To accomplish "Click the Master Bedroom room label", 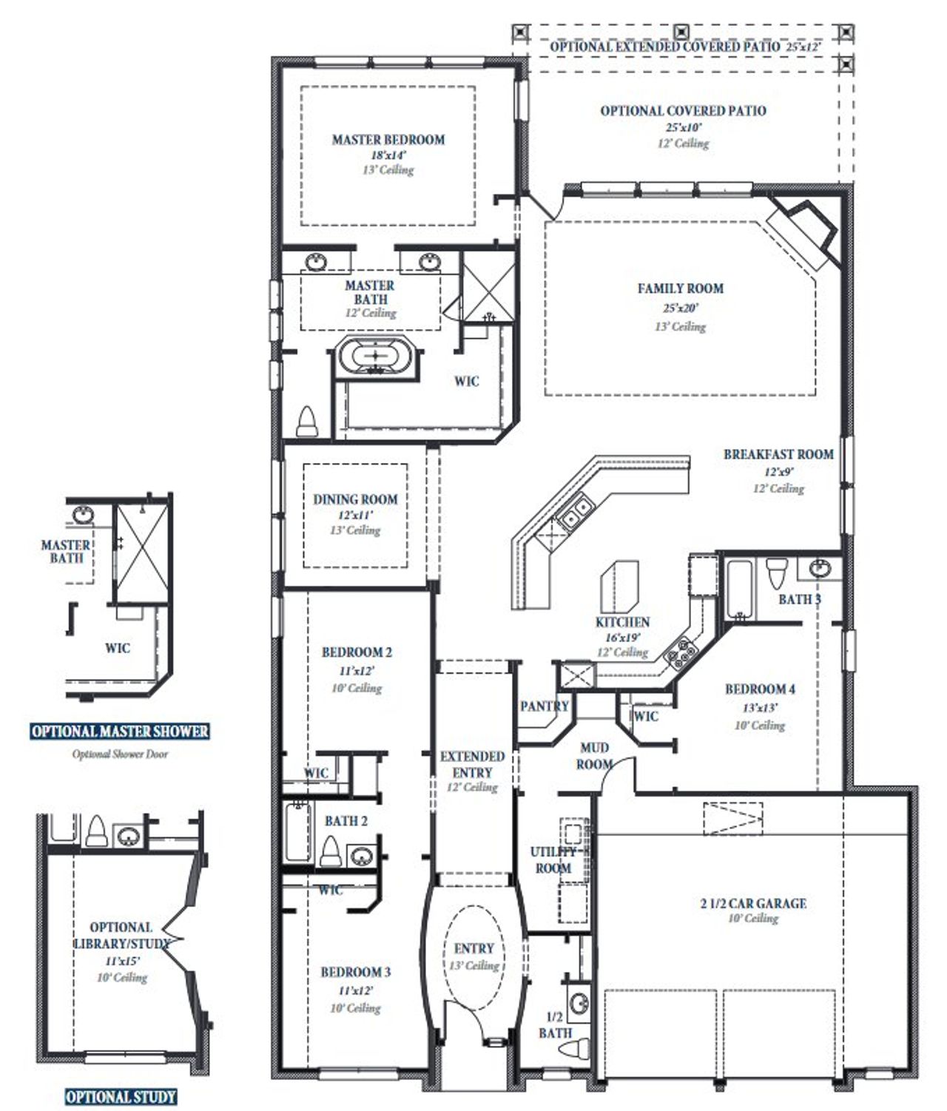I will (388, 139).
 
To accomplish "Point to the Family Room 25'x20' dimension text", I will (680, 308).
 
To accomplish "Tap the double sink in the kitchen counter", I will (575, 509).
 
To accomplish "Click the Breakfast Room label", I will (778, 454).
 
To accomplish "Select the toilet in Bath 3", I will (776, 574).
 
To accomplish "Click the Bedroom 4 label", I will (760, 689).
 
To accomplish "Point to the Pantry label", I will (545, 706).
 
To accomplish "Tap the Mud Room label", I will (595, 756).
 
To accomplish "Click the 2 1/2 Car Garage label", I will (753, 902).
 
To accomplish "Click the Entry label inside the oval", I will (473, 948).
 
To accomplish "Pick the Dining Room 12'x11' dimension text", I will (355, 515).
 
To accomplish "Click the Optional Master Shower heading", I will (120, 732).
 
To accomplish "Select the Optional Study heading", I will (121, 1096).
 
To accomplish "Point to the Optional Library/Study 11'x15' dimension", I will (122, 961).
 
